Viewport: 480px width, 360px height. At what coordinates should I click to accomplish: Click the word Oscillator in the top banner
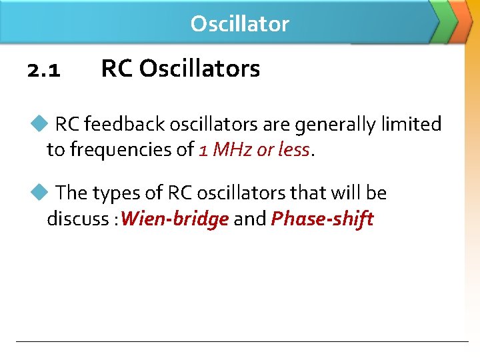(239, 24)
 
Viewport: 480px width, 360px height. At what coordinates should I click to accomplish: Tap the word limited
(411, 124)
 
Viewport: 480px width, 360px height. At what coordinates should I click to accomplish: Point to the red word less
(293, 150)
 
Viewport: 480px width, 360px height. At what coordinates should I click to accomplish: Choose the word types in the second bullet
(116, 193)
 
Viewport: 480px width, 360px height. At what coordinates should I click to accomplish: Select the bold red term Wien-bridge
(175, 219)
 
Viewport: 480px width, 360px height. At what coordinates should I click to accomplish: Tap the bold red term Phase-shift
(322, 219)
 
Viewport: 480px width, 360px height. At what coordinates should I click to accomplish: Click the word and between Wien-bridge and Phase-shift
(250, 219)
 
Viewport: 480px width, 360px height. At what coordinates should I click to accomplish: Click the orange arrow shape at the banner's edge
(463, 20)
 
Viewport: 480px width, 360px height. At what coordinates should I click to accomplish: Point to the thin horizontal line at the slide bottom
(242, 342)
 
